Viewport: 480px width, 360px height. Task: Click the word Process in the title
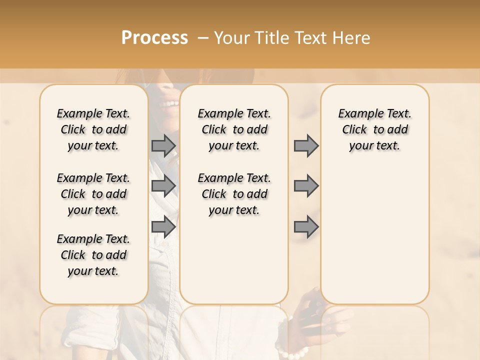click(x=154, y=37)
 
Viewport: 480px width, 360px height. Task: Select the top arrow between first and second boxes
click(x=163, y=146)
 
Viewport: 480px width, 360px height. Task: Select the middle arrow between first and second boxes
click(x=163, y=186)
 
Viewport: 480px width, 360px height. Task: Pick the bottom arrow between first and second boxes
click(x=163, y=226)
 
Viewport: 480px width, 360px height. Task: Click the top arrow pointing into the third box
click(x=306, y=146)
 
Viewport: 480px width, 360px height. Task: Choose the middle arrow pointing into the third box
click(x=306, y=186)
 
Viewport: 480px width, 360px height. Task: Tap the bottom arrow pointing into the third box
click(x=306, y=226)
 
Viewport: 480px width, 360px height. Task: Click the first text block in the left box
click(x=93, y=129)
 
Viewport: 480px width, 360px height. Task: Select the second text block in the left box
click(x=93, y=194)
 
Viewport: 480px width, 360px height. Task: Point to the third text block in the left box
click(x=93, y=255)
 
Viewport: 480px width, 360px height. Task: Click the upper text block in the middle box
click(x=234, y=129)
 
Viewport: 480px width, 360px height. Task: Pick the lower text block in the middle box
click(x=234, y=194)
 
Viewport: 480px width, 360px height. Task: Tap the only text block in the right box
click(x=375, y=129)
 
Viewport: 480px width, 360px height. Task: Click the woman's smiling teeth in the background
click(x=171, y=103)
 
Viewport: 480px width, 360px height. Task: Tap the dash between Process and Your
click(x=203, y=38)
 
